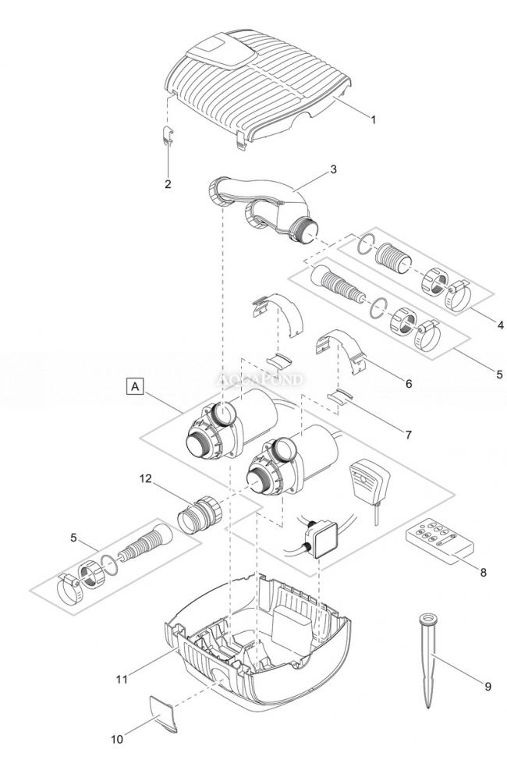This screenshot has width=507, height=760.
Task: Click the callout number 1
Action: pyautogui.click(x=373, y=119)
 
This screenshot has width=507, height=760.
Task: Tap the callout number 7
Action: pyautogui.click(x=408, y=434)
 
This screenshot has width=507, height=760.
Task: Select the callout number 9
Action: pyautogui.click(x=487, y=686)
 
